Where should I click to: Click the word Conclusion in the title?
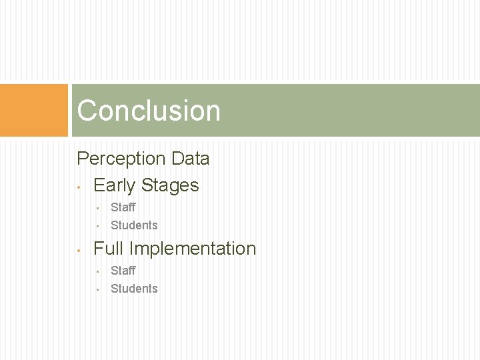point(148,111)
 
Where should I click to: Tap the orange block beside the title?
point(34,110)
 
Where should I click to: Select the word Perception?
point(121,159)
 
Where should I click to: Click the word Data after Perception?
point(190,159)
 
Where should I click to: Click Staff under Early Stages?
point(123,207)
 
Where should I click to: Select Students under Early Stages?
point(134,225)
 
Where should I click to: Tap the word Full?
point(108,249)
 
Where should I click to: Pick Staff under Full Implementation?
point(123,271)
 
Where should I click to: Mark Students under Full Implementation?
point(134,289)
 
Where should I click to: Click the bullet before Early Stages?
point(79,187)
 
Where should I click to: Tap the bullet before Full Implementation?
point(79,250)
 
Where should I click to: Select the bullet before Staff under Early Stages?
point(97,208)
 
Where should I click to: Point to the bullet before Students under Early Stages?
point(97,226)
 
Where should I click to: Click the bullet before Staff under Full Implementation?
point(97,271)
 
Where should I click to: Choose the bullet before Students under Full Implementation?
point(97,289)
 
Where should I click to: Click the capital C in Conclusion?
point(87,111)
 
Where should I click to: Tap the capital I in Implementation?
point(131,249)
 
